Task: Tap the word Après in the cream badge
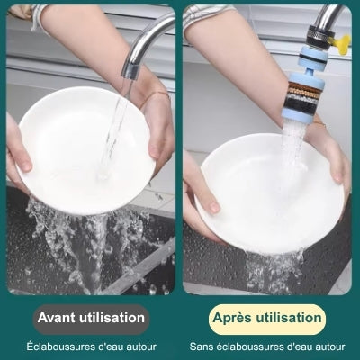[233, 318]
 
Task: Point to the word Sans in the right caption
[203, 346]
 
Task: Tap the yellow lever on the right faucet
[342, 40]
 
